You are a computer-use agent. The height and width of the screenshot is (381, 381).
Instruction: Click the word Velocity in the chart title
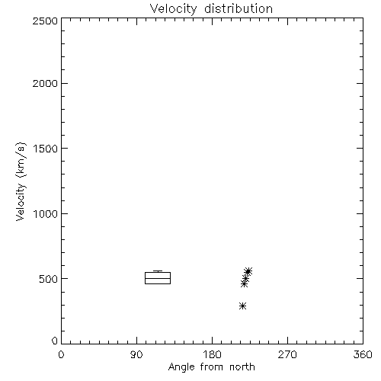click(x=174, y=9)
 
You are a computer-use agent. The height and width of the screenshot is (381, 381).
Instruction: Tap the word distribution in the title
click(x=239, y=8)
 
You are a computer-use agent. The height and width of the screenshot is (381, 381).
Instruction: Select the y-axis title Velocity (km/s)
click(x=21, y=181)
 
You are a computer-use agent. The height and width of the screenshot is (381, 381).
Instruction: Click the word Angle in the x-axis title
click(x=181, y=367)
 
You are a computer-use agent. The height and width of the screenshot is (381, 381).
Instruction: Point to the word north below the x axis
click(x=242, y=367)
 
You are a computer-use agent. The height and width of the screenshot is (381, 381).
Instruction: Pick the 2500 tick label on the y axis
click(x=45, y=21)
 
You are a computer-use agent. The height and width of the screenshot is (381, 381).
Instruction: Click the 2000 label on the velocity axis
click(x=45, y=83)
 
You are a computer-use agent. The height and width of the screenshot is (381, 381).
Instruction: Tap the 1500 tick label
click(x=46, y=149)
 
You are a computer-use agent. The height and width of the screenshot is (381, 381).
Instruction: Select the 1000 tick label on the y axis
click(x=46, y=213)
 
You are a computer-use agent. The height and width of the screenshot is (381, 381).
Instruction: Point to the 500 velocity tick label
click(x=49, y=279)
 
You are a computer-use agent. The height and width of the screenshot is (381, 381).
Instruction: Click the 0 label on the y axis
click(x=55, y=341)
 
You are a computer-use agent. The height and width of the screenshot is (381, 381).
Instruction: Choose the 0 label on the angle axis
click(x=61, y=354)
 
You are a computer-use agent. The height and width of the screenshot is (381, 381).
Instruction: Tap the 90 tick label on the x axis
click(x=136, y=354)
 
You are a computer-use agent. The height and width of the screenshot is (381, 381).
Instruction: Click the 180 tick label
click(x=212, y=354)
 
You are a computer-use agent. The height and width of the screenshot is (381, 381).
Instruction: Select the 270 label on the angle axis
click(x=287, y=354)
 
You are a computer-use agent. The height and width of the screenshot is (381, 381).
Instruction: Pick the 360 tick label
click(x=363, y=354)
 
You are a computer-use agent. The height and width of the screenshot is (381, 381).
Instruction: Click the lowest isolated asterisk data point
click(x=242, y=306)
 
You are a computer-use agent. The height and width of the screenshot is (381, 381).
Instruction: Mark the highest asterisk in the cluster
click(x=248, y=271)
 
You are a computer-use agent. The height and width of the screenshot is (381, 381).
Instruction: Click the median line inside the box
click(x=158, y=278)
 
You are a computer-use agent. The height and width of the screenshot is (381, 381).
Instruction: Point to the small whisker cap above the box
click(x=158, y=271)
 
